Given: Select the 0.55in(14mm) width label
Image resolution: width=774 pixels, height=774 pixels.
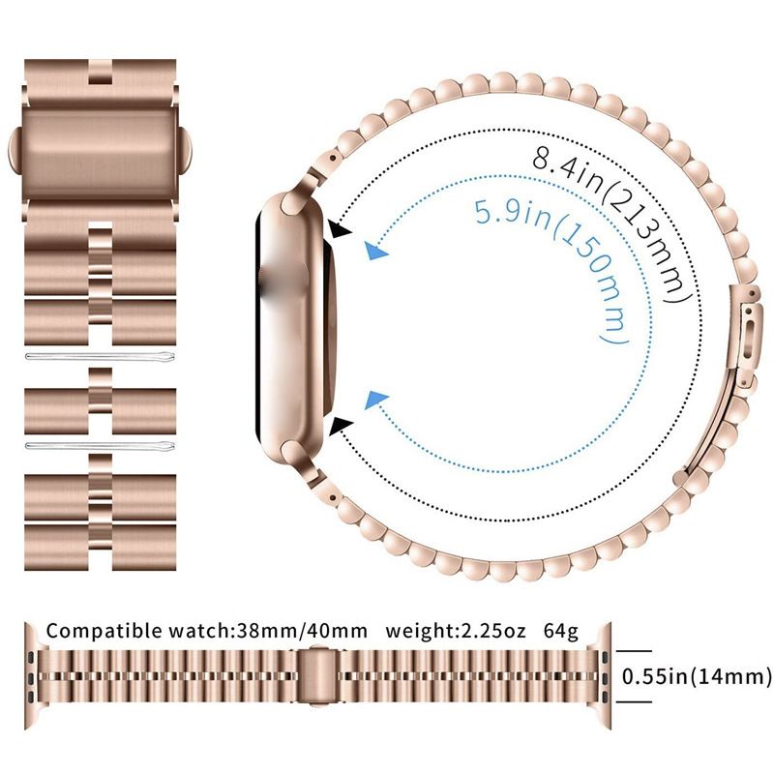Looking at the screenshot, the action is pos(696,676).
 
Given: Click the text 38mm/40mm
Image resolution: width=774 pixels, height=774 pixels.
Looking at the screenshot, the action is pos(302,631).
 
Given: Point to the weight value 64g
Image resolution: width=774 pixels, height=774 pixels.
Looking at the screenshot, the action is pos(561,632).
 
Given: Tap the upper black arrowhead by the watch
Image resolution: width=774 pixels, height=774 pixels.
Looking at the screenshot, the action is pos(341,230).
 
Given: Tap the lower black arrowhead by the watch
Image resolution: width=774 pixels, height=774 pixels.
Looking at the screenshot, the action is pos(342,426).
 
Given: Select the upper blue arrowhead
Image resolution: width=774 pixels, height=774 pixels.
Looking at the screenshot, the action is pos(375,251).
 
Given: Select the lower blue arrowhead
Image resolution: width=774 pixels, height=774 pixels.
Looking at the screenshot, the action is pos(376,400).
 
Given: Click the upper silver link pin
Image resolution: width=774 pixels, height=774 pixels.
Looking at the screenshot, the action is pos(100,356).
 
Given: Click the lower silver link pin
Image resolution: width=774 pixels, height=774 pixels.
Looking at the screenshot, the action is pos(100,446).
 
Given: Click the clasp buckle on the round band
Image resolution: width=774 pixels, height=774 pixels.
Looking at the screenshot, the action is pos(745,336).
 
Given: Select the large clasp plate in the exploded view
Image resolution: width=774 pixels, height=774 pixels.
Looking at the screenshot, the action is pos(100,148).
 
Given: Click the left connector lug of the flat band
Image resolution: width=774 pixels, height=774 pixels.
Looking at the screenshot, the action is pos(33,676).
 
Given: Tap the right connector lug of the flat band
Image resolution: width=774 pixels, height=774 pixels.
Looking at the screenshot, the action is pos(603,676).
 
